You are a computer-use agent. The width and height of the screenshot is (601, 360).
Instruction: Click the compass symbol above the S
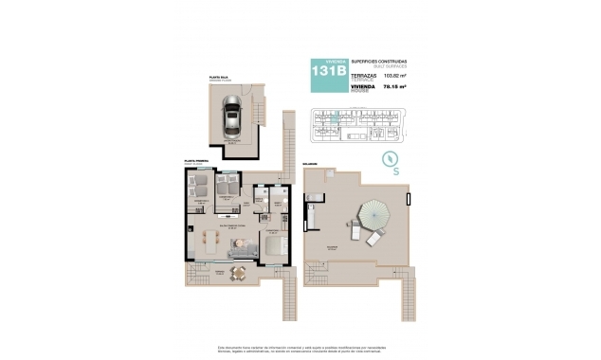[x=388, y=159]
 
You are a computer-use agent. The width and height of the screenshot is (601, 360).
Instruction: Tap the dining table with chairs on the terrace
[x=239, y=273]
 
